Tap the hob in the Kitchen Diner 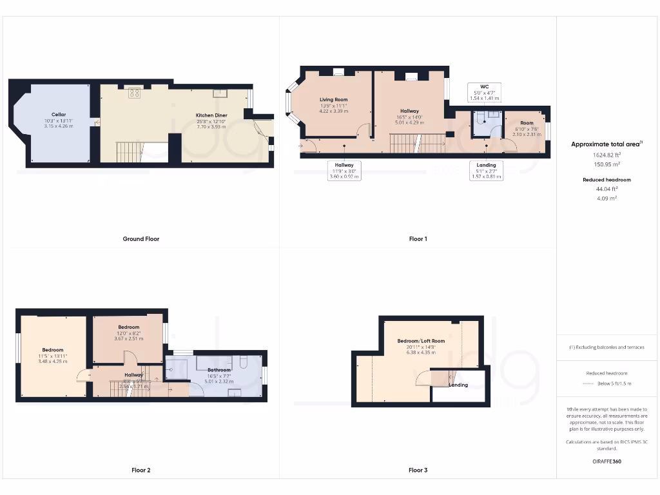click(134, 93)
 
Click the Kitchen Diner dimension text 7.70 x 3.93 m click(213, 127)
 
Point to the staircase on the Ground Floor click(128, 152)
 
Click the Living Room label click(333, 100)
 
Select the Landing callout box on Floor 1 click(486, 170)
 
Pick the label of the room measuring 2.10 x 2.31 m click(527, 123)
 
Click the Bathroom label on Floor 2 click(219, 370)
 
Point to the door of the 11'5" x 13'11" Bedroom click(82, 376)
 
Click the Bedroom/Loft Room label click(421, 341)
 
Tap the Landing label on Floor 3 click(458, 385)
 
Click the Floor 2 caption click(141, 471)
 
